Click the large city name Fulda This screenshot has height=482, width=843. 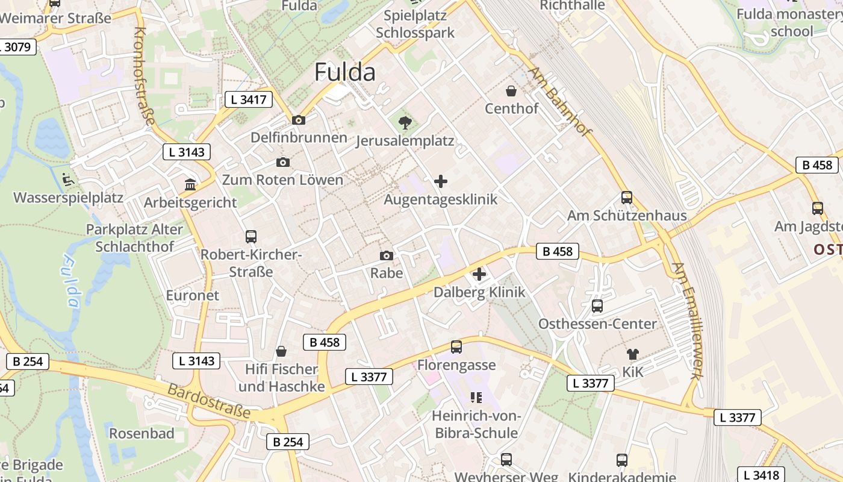click(x=345, y=72)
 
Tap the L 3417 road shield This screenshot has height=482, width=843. click(x=249, y=99)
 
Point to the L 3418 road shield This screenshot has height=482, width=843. click(x=761, y=474)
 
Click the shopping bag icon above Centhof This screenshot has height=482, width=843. click(x=511, y=91)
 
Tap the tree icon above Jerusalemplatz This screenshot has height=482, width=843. click(x=405, y=123)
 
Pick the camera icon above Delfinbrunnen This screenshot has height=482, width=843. click(x=299, y=120)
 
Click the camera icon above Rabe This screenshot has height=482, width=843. click(x=387, y=255)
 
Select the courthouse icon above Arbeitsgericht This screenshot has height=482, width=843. click(x=190, y=184)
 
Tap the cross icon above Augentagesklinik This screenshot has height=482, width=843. click(x=441, y=181)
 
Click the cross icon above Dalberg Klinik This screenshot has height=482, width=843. click(x=479, y=274)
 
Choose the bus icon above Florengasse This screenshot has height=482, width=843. click(x=456, y=347)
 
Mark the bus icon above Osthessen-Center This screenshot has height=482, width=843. click(x=597, y=306)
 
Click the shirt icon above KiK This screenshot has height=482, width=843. click(x=632, y=354)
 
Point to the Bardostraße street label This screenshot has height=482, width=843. click(x=208, y=401)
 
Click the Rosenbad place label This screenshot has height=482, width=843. click(x=142, y=433)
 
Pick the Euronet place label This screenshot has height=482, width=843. click(x=193, y=295)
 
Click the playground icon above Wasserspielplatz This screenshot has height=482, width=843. click(x=68, y=179)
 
